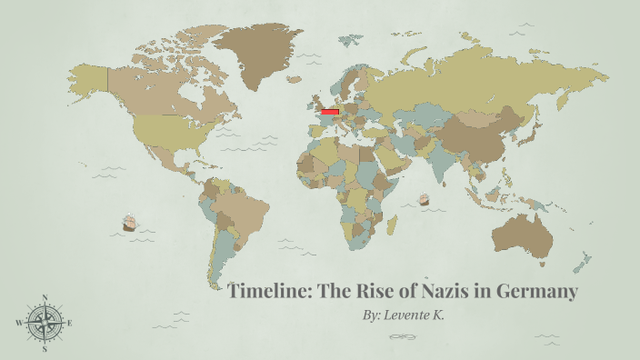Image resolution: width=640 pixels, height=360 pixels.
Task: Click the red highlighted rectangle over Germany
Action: click(x=330, y=112)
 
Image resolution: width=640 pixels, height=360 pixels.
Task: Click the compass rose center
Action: click(x=45, y=322)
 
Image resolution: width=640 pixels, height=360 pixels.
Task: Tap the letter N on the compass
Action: click(x=45, y=297)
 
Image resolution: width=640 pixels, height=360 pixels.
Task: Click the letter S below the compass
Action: click(x=45, y=348)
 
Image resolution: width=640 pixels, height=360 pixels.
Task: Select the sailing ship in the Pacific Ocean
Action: click(x=129, y=223)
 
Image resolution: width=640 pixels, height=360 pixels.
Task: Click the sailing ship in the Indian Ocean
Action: click(x=423, y=198)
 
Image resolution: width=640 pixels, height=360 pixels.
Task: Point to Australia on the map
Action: click(x=522, y=232)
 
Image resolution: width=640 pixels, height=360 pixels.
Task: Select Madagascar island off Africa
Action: click(x=393, y=223)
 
